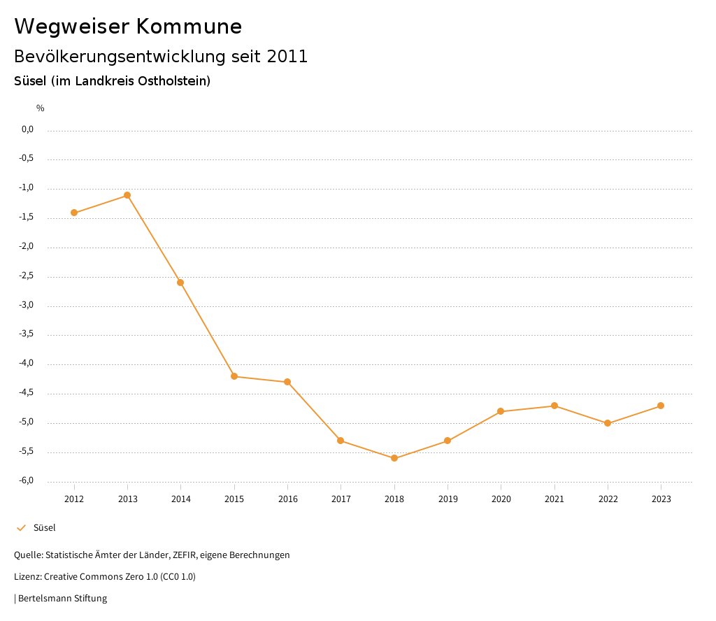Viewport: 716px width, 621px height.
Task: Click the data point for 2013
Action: coord(127,195)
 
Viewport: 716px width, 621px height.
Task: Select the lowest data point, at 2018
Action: coord(394,458)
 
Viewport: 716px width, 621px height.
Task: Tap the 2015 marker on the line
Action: coord(234,376)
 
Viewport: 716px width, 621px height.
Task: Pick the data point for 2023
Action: coord(661,406)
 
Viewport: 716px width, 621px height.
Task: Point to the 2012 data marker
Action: coord(74,213)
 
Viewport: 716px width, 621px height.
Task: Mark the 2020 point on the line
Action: coord(501,411)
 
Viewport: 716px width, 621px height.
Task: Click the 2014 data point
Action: coord(180,283)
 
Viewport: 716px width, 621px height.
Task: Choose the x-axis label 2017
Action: coord(341,499)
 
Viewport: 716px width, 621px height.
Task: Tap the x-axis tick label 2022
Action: coord(608,499)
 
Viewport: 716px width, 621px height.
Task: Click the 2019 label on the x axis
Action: coord(447,499)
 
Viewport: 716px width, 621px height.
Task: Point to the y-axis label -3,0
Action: coord(27,306)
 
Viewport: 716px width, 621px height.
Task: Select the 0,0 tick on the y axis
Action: coord(27,129)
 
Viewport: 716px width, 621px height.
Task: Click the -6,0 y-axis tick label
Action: coord(27,480)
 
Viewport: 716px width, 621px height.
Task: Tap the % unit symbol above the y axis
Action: coord(41,108)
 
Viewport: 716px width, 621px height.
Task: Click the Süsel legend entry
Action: coord(44,528)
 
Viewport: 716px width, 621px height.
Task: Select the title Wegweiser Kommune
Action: coord(128,27)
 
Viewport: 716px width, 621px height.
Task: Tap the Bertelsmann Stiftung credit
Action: coord(62,599)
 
